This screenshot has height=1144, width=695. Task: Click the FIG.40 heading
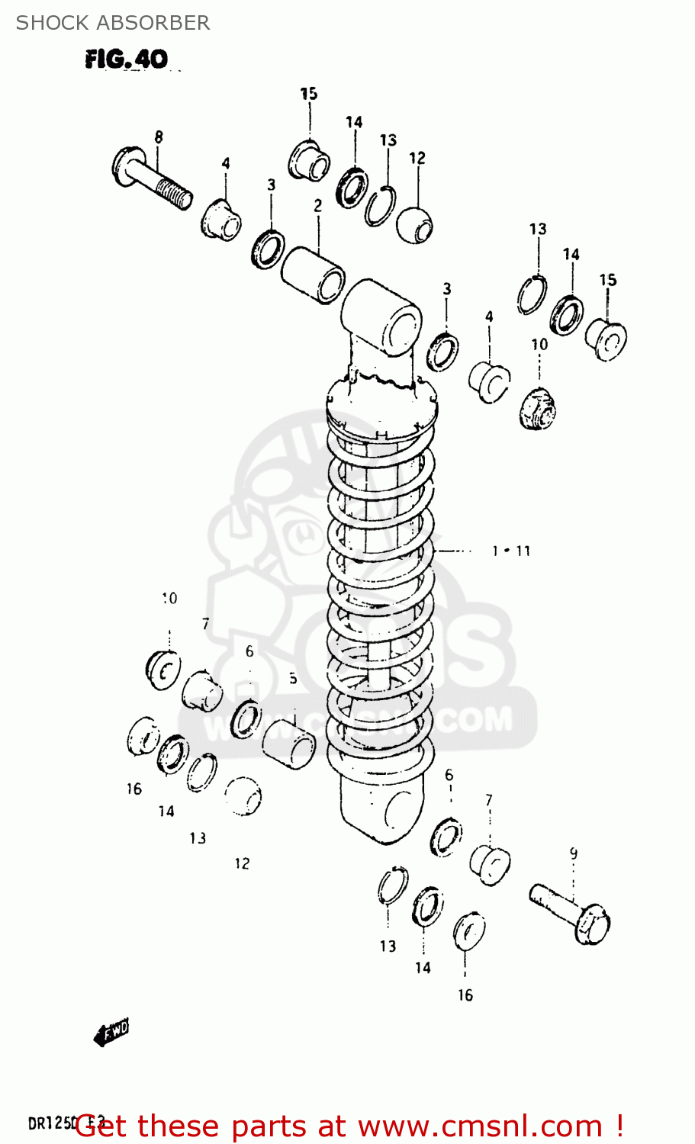point(126,59)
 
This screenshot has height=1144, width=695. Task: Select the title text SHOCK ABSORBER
point(113,23)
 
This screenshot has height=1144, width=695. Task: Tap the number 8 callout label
point(159,137)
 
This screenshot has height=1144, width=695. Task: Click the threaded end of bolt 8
point(178,196)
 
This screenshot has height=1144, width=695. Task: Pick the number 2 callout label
point(317,205)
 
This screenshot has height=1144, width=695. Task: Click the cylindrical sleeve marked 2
point(313,275)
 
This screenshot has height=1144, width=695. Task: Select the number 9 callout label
point(574,853)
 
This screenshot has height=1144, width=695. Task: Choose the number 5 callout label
point(293,678)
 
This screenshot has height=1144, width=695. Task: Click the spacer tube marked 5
point(289,743)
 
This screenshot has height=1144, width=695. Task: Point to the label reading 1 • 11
point(511,551)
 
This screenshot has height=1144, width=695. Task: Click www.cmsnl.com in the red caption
point(480,1126)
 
